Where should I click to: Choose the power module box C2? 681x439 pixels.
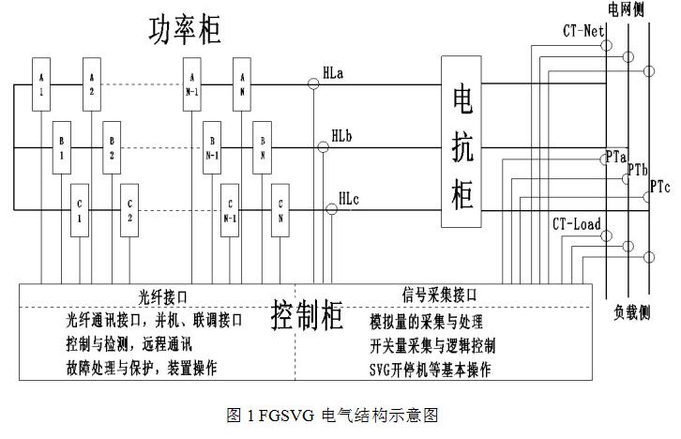point(130,205)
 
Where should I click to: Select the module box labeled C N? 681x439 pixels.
point(280,205)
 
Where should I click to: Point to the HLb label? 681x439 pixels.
point(342,136)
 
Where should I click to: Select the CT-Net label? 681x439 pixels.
point(582,31)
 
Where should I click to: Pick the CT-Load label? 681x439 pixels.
point(576,225)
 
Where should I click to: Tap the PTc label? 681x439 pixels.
point(660,187)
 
